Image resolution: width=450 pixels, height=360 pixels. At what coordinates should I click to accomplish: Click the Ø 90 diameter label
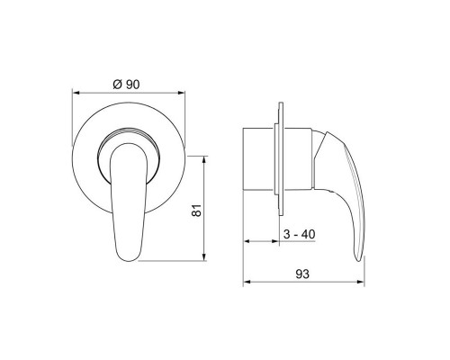tap(126, 85)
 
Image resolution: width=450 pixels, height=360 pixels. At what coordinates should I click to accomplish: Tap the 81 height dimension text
tap(196, 211)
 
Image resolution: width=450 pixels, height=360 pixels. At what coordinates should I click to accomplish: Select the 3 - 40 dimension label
tap(299, 234)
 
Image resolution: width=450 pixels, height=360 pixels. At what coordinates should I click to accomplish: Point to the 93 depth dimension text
tap(302, 274)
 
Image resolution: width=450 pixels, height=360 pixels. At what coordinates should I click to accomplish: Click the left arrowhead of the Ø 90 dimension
tap(76, 93)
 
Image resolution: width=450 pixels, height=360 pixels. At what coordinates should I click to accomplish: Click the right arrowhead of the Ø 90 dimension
tap(182, 93)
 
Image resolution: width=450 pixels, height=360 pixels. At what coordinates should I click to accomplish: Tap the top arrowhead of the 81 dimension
tap(204, 159)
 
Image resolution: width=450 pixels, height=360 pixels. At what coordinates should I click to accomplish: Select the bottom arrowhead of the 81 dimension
tap(204, 257)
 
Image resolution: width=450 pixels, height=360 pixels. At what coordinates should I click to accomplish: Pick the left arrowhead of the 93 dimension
tap(247, 282)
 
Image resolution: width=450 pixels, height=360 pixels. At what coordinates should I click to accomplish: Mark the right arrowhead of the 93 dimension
tap(361, 282)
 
